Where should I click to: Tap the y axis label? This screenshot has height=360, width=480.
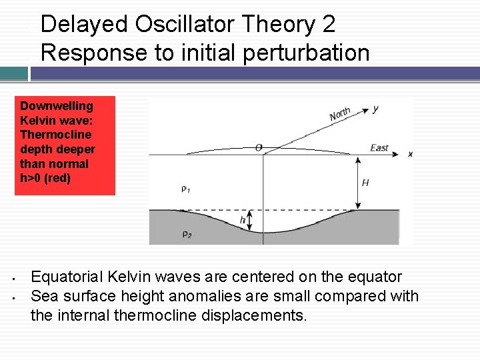point(375,108)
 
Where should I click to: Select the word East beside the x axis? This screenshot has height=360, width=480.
point(379,147)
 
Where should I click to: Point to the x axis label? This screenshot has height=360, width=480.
point(410,154)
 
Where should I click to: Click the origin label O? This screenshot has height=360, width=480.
point(258,147)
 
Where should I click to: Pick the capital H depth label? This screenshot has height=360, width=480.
point(365,182)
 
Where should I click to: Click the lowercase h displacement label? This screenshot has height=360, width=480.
point(243,220)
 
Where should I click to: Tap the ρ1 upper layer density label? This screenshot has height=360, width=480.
point(185,189)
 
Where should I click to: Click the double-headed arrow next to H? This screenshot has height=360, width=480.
point(354,181)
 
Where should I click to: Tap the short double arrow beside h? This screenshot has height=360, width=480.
point(251,221)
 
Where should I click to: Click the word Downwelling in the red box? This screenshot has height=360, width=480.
point(57,106)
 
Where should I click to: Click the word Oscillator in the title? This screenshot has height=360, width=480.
point(175,25)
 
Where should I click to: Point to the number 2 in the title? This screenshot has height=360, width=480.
point(328,25)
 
